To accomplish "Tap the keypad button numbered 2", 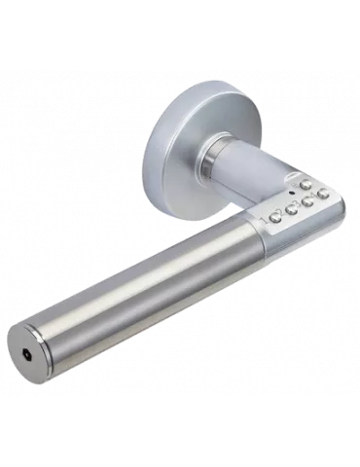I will coord(291,209).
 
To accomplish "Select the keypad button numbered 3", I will coord(306,201).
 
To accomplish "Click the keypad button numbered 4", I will coord(323,193).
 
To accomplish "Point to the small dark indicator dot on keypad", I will coord(291,193).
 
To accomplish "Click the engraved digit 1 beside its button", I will coord(265,218).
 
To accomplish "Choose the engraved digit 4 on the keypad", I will coord(313,195).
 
